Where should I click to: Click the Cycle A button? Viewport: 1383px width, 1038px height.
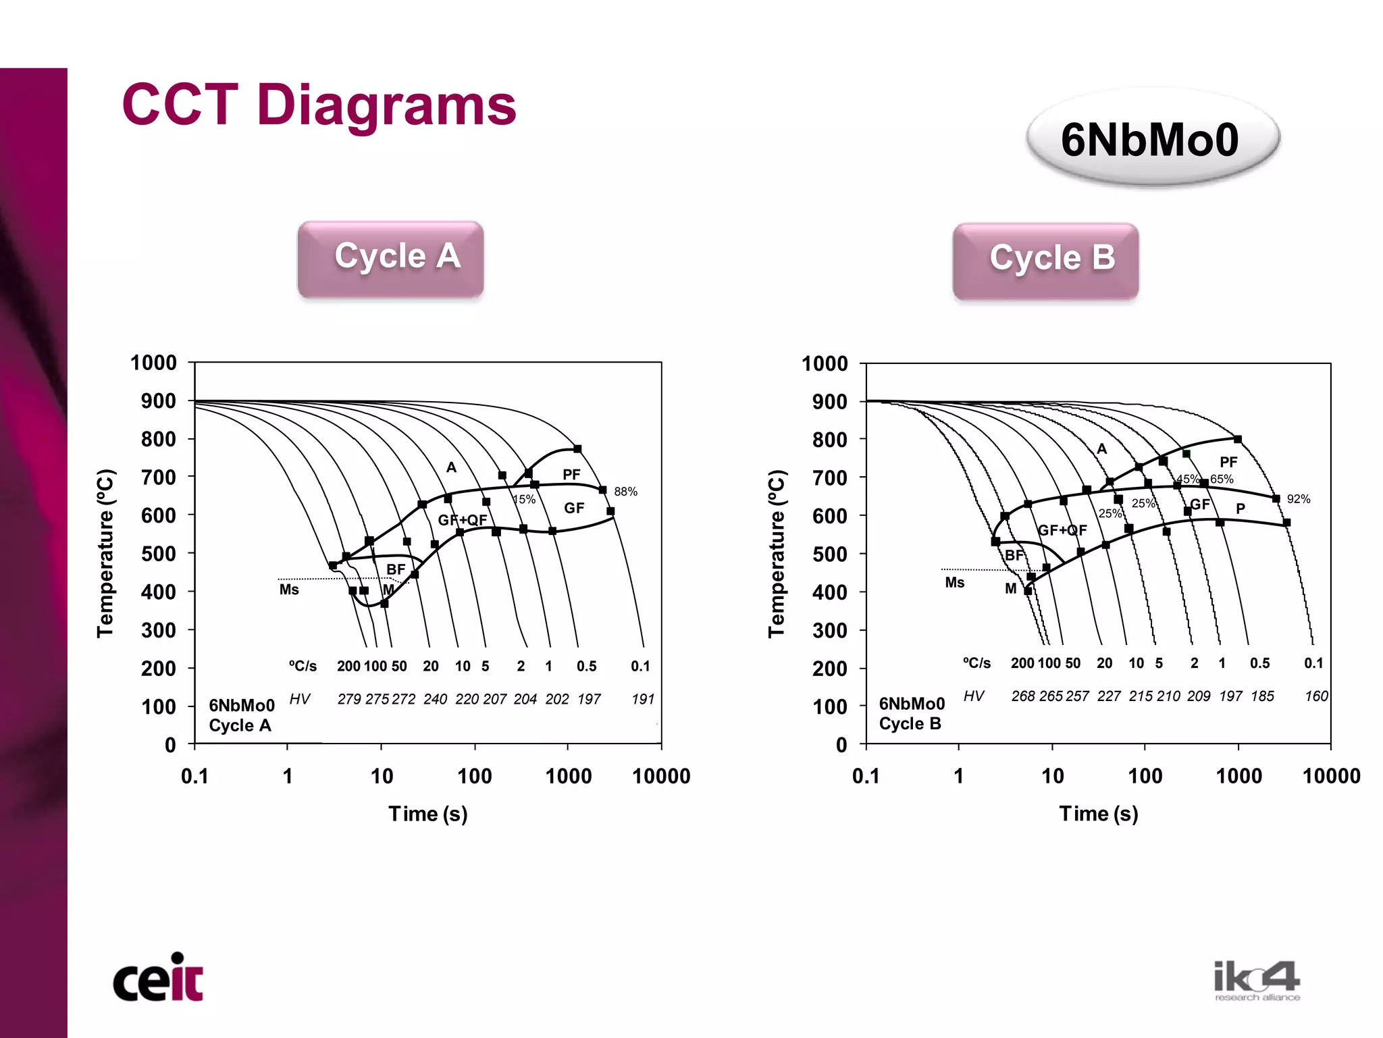click(390, 259)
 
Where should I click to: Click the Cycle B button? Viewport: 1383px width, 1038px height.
click(1045, 261)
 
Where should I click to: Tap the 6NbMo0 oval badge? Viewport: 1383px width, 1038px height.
click(1152, 139)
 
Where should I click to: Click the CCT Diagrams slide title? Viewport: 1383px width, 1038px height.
click(319, 105)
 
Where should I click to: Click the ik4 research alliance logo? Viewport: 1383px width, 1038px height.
click(1256, 980)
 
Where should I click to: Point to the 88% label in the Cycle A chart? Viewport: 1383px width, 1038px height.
click(625, 492)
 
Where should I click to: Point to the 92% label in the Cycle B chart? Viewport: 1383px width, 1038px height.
click(1298, 499)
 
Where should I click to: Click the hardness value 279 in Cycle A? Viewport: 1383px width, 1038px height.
click(349, 699)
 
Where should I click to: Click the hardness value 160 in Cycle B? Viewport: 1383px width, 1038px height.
click(1316, 696)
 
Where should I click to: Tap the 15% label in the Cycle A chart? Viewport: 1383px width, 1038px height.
click(524, 500)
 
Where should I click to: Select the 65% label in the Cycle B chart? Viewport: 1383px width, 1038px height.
click(1222, 479)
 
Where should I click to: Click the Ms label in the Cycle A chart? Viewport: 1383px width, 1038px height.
click(289, 590)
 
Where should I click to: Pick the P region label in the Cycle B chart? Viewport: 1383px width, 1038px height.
click(1241, 509)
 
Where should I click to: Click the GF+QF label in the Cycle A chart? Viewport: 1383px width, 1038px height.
click(463, 520)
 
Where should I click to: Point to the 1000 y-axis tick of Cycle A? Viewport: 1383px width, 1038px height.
click(154, 363)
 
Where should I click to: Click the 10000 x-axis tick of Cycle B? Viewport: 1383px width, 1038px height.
click(1331, 776)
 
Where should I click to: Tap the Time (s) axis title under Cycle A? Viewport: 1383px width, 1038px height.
click(427, 814)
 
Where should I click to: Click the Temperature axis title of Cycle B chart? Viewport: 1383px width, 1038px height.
click(777, 553)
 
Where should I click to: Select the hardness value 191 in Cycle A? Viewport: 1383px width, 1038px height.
click(643, 699)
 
